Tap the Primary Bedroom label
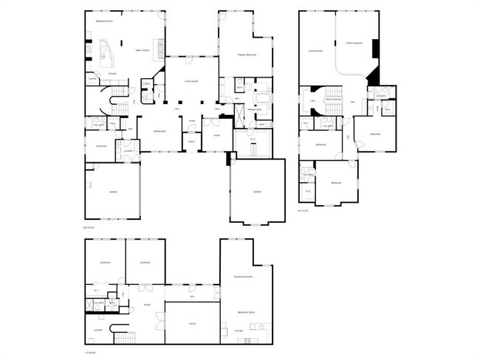click(247, 55)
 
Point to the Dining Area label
click(160, 131)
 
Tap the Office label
click(191, 323)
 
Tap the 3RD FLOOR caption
click(302, 210)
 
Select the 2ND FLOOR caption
click(89, 226)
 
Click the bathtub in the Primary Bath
click(262, 98)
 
